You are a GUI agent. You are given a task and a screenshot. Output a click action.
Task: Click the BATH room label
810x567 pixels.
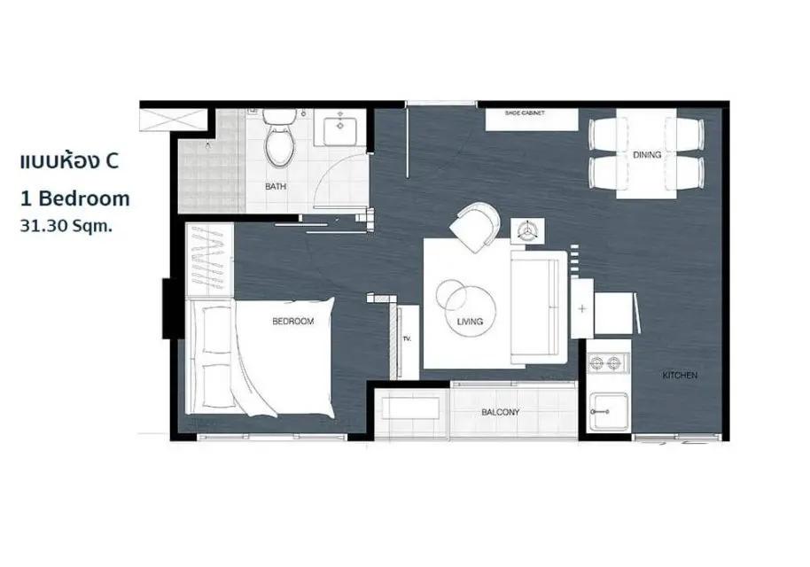(x=276, y=186)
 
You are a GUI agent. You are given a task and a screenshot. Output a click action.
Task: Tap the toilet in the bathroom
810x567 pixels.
(x=279, y=136)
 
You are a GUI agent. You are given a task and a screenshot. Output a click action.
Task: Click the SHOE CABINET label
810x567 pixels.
(x=525, y=113)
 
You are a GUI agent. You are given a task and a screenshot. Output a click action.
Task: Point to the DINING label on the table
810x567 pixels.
(x=647, y=154)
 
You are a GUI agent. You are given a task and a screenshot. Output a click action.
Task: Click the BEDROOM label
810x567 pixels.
(x=293, y=322)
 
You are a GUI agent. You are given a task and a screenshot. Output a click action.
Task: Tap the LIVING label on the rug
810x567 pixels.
(x=470, y=322)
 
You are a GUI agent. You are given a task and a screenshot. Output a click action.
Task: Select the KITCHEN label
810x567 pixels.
(x=680, y=376)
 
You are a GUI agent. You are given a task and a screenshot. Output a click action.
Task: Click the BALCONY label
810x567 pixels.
(x=500, y=412)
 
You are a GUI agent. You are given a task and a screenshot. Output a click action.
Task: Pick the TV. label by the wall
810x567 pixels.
(x=407, y=338)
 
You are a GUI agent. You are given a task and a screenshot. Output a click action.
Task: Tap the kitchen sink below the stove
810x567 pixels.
(x=610, y=410)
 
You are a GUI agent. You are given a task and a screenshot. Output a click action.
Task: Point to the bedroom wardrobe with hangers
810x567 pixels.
(x=209, y=260)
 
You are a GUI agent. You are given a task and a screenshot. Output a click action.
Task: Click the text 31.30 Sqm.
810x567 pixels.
(x=66, y=226)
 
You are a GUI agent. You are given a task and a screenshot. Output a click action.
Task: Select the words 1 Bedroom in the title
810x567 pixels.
(x=75, y=198)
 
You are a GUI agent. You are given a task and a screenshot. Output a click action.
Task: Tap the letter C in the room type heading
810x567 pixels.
(x=112, y=161)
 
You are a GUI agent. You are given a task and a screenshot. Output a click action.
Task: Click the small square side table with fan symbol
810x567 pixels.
(x=527, y=230)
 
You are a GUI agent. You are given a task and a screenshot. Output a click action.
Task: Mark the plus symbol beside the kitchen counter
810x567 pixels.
(x=582, y=309)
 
